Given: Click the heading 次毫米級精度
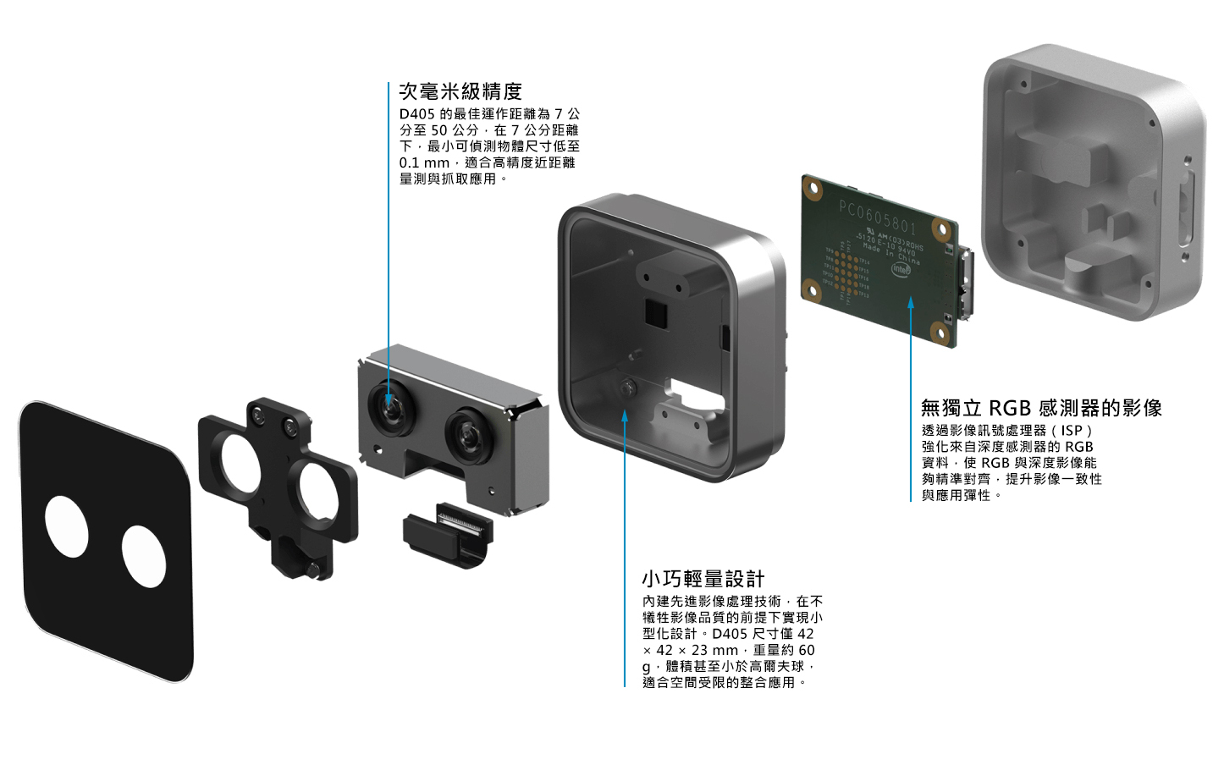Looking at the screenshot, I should pos(460,91).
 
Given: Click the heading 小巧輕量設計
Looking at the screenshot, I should pos(703,580).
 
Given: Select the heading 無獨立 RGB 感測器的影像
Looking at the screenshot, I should pos(1041,409).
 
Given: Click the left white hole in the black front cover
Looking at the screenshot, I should pos(67,526).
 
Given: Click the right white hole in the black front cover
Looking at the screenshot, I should pos(144,556).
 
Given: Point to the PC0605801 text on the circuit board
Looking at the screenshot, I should pos(877,217).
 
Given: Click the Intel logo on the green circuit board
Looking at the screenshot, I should pos(901,269).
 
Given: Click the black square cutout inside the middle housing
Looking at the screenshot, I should pos(656,312).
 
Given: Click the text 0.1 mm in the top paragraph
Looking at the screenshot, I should pos(424,162).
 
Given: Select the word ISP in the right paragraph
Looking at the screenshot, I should pos(1072,431).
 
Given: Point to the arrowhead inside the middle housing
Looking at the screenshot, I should pos(625,415).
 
